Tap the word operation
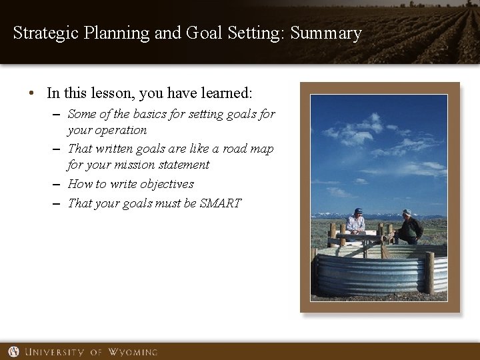(x=107, y=130)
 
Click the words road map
(x=247, y=149)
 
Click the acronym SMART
(x=220, y=203)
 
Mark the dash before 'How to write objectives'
(x=58, y=185)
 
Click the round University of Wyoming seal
(x=13, y=351)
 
